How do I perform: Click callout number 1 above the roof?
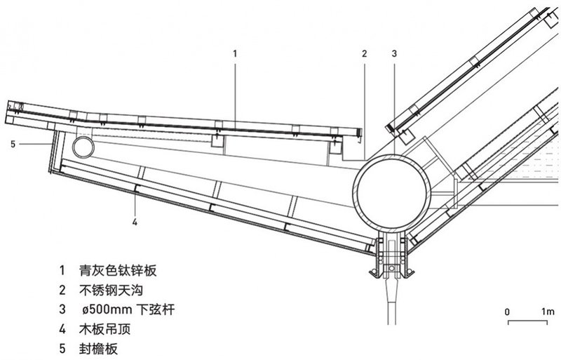click(x=236, y=53)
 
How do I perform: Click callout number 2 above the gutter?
click(x=364, y=53)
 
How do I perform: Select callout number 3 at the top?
click(x=394, y=53)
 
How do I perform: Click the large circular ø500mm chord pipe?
click(x=393, y=189)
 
